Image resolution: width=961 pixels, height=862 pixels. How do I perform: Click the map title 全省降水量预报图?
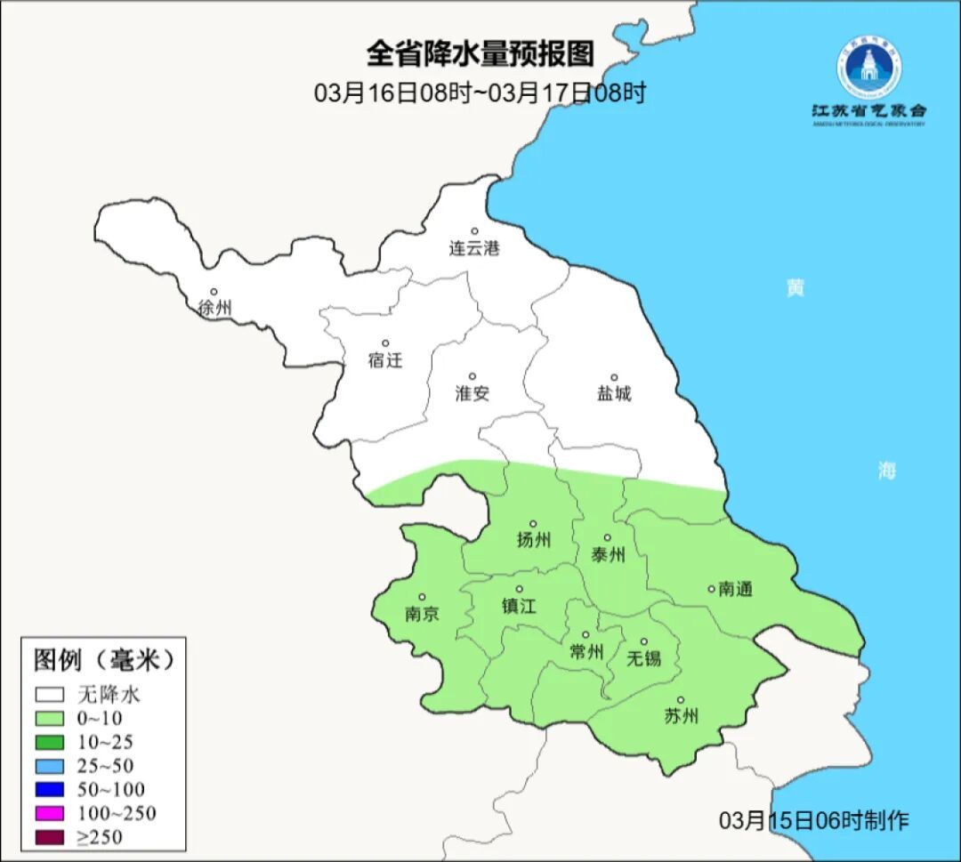pos(480,54)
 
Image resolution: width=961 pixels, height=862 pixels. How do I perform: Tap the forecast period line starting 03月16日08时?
pos(480,93)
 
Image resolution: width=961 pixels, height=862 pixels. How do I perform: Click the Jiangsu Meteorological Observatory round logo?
pos(868,68)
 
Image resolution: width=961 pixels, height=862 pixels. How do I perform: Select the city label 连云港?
pos(474,249)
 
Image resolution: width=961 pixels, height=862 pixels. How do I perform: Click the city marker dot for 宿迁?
pos(385,343)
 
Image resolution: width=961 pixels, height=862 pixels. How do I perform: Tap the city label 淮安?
pos(472,394)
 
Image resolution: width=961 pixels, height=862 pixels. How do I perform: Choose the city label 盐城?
pos(613,394)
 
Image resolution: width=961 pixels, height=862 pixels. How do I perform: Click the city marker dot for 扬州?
pos(533,524)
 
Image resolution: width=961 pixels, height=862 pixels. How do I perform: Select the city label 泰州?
pos(608,555)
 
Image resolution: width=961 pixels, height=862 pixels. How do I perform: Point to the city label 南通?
pos(735,589)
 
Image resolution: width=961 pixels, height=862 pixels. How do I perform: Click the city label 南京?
pos(422,615)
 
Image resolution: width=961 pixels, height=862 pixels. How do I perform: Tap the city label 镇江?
pos(519,606)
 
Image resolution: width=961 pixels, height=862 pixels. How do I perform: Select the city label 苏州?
pos(681,716)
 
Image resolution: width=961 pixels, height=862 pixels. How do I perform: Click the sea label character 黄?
pos(795,288)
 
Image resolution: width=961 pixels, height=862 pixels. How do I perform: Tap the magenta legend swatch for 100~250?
pos(50,813)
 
